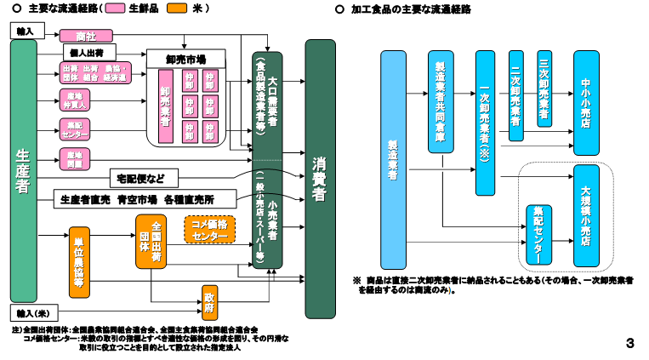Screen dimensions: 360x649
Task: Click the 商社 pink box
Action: pyautogui.click(x=85, y=36)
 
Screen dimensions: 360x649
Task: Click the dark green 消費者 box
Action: pyautogui.click(x=320, y=178)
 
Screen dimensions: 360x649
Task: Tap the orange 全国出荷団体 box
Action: pyautogui.click(x=150, y=242)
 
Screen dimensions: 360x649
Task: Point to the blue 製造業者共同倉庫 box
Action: pyautogui.click(x=440, y=101)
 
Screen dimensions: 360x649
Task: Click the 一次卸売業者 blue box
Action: pyautogui.click(x=485, y=123)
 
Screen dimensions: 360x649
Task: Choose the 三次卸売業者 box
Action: pyautogui.click(x=543, y=89)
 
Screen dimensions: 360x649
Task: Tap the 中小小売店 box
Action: pyautogui.click(x=586, y=101)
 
